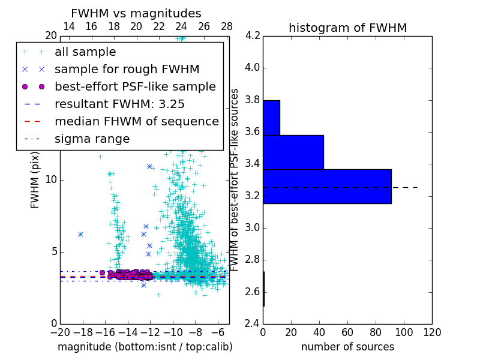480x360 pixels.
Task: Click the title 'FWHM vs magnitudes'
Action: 136,13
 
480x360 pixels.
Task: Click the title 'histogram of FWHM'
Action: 347,28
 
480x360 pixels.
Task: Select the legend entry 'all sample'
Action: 85,52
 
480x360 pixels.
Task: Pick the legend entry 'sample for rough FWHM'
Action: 127,69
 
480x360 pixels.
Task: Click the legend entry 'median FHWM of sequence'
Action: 136,121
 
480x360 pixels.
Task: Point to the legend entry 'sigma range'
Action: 92,139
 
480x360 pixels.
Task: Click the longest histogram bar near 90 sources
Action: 327,187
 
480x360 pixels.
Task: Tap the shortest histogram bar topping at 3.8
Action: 271,118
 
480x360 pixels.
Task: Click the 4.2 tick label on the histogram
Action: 252,35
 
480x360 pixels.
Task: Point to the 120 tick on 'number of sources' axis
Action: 432,332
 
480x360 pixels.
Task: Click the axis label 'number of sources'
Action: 347,347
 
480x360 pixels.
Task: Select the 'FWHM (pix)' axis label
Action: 35,179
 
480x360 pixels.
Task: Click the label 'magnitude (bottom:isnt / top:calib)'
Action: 145,347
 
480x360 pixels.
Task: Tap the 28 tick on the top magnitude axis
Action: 227,26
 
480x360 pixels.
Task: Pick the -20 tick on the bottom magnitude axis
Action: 60,332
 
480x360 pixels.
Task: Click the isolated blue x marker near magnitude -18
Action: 80,234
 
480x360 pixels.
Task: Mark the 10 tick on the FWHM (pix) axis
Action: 51,179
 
